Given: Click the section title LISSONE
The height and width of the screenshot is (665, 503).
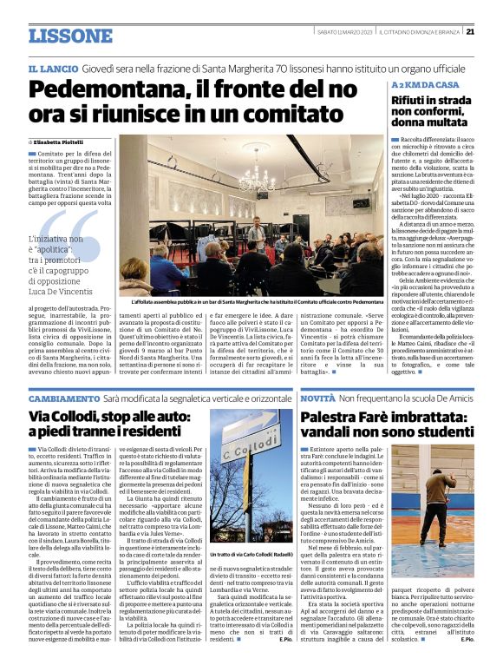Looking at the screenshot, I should pyautogui.click(x=70, y=36).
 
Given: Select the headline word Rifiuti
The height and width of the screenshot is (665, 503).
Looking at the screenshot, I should pyautogui.click(x=412, y=101).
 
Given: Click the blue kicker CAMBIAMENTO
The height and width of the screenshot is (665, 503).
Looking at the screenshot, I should pyautogui.click(x=62, y=396).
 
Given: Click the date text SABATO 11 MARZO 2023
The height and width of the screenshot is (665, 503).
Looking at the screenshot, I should pyautogui.click(x=351, y=32).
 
